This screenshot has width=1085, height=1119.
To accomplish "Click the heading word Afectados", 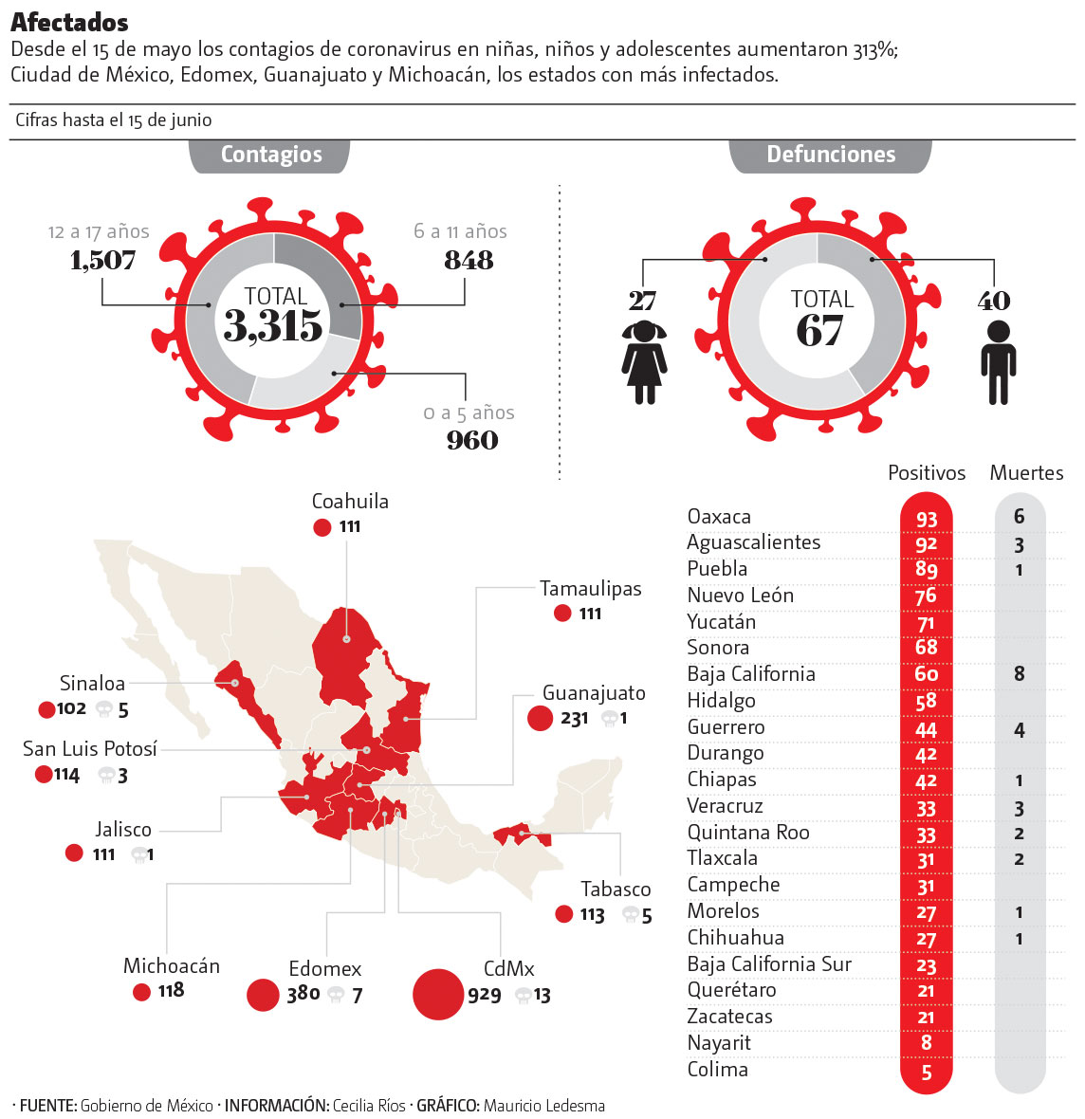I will (69, 22).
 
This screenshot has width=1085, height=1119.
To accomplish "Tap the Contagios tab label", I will (271, 155).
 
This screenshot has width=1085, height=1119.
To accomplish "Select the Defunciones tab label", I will (831, 155).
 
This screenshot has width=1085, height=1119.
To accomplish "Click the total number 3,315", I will (273, 326).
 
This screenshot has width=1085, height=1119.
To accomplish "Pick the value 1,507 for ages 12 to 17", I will (102, 260).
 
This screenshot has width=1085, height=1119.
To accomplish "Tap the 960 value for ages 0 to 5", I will (472, 440).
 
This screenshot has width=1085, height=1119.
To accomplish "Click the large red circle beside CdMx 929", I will (438, 994).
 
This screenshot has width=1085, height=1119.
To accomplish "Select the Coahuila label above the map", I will (350, 502).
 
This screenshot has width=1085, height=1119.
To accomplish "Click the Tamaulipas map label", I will (591, 589).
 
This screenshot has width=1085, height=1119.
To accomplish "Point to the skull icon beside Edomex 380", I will (336, 995).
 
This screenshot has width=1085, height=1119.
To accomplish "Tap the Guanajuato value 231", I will (575, 719).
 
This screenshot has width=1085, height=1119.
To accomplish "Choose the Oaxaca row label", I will (719, 517).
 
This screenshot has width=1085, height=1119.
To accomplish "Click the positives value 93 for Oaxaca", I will (927, 519).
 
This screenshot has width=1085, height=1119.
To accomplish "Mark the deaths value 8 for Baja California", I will (1020, 674).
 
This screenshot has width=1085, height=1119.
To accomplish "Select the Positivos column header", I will (927, 473).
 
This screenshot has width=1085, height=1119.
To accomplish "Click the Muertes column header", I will (1026, 473).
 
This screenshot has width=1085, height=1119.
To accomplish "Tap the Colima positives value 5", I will (927, 1073).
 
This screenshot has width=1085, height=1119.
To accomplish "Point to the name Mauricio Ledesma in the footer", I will (543, 1106).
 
